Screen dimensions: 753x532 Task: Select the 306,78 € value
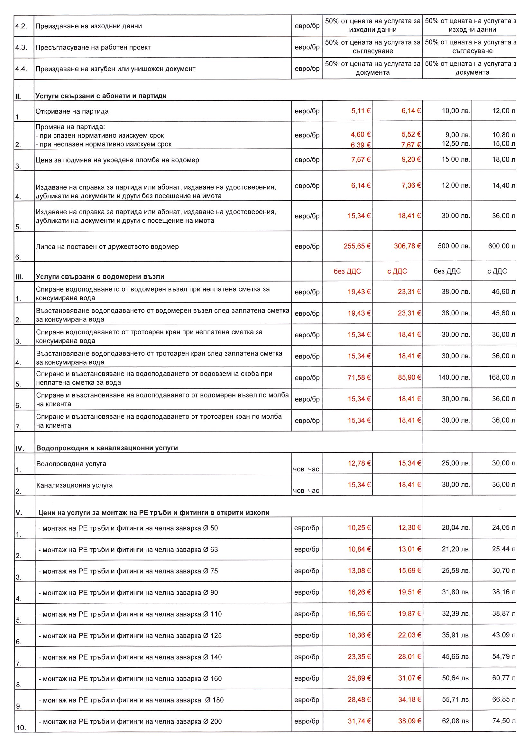(407, 246)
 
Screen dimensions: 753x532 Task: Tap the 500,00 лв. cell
(454, 246)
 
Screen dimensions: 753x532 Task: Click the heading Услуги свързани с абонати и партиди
(101, 96)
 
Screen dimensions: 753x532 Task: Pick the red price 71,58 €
(359, 377)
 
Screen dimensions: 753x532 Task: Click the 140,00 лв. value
(454, 377)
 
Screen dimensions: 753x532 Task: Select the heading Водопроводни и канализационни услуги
(107, 448)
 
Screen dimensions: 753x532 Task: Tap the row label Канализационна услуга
(74, 485)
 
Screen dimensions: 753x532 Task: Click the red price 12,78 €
(359, 463)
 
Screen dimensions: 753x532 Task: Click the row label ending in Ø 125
(130, 636)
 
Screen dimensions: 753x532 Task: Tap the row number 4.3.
(21, 48)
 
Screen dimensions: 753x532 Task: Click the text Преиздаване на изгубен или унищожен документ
(115, 69)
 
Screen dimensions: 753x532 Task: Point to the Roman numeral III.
(19, 277)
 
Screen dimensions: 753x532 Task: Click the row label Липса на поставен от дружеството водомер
(107, 246)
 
